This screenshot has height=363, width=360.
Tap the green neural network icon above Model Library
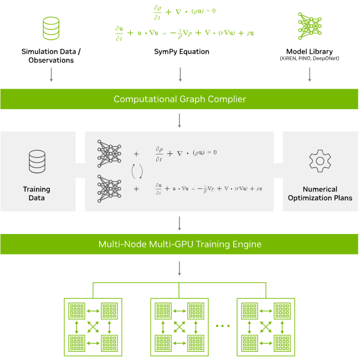(309, 25)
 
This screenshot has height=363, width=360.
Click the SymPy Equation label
(181, 52)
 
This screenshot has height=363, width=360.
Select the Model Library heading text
(309, 51)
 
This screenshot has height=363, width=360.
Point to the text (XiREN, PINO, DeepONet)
(309, 59)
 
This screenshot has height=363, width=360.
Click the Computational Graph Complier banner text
(179, 100)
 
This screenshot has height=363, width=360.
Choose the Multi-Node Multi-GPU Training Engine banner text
(179, 243)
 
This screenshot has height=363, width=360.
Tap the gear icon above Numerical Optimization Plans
(320, 160)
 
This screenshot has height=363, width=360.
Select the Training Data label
(37, 193)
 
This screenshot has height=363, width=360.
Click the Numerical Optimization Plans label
(320, 193)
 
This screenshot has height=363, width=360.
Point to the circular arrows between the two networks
(136, 171)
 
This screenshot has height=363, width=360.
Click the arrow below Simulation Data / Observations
(51, 75)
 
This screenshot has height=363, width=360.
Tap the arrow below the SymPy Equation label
(179, 75)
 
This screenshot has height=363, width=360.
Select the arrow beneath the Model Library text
(309, 75)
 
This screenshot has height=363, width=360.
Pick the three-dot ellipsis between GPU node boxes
(222, 326)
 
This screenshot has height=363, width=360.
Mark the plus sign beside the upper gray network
(136, 153)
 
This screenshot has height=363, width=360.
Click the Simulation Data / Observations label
(51, 55)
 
